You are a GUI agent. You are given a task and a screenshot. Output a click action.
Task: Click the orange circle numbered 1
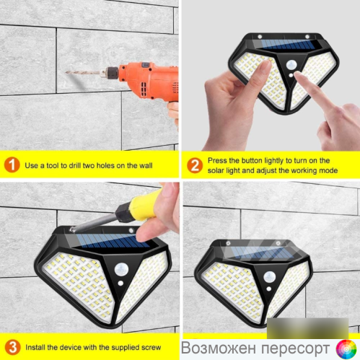click(x=12, y=164)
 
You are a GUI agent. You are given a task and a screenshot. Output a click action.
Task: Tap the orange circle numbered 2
click(x=195, y=165)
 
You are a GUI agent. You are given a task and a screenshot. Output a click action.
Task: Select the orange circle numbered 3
click(x=12, y=347)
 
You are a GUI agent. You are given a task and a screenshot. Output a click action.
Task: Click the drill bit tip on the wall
click(x=66, y=71)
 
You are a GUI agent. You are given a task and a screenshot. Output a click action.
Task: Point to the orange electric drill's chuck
click(x=109, y=73)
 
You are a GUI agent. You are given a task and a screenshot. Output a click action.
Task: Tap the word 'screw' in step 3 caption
click(x=151, y=348)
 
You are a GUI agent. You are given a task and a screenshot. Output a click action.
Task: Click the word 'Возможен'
click(x=218, y=348)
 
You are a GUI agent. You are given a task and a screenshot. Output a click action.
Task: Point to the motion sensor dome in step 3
click(x=121, y=270)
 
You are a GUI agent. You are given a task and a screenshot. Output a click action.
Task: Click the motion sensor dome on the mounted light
click(x=269, y=277)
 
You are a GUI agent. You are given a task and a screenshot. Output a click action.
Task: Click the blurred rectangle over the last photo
click(x=307, y=328)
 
